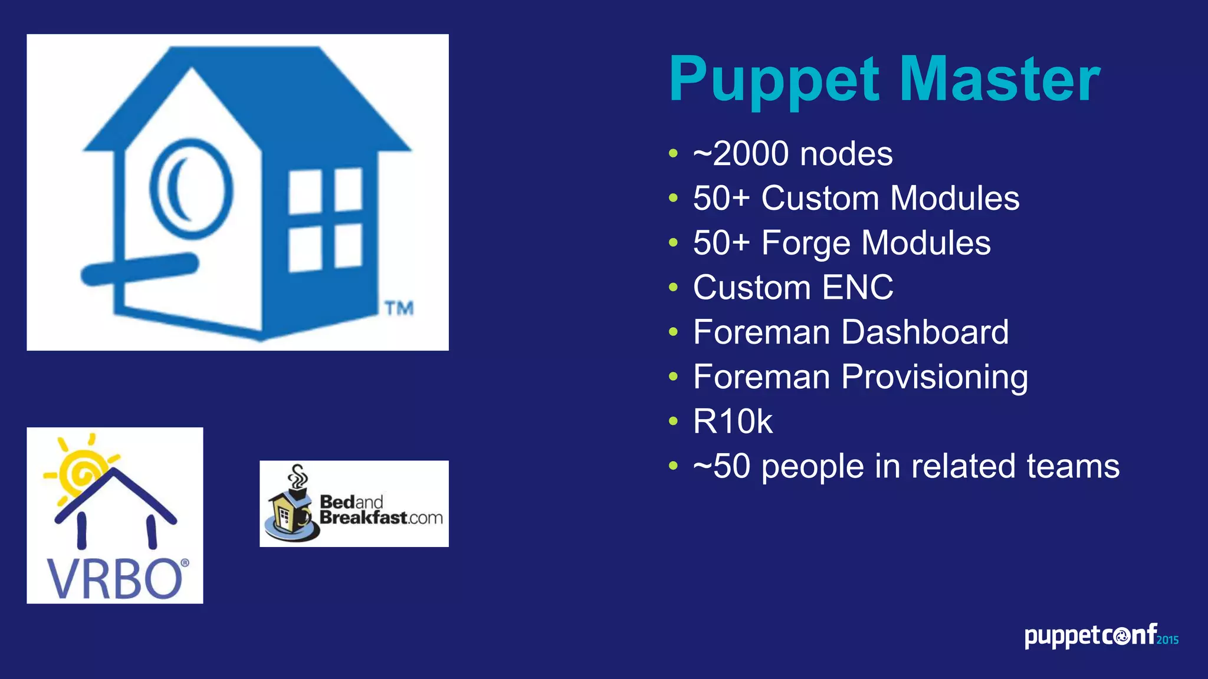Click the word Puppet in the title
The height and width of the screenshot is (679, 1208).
[774, 80]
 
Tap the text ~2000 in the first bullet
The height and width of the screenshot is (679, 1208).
[741, 154]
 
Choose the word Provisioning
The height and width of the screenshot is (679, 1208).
[934, 377]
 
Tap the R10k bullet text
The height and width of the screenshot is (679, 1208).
[733, 421]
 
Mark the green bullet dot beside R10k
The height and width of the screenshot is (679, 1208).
[674, 421]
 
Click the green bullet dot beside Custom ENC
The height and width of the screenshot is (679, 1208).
[674, 288]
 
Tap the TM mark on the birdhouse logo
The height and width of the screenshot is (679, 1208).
[399, 308]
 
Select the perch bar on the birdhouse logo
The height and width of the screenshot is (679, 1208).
[139, 269]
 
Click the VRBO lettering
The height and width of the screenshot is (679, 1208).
[116, 579]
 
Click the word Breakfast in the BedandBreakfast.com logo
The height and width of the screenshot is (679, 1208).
[363, 518]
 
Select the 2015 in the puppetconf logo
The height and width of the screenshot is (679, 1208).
[1167, 640]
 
